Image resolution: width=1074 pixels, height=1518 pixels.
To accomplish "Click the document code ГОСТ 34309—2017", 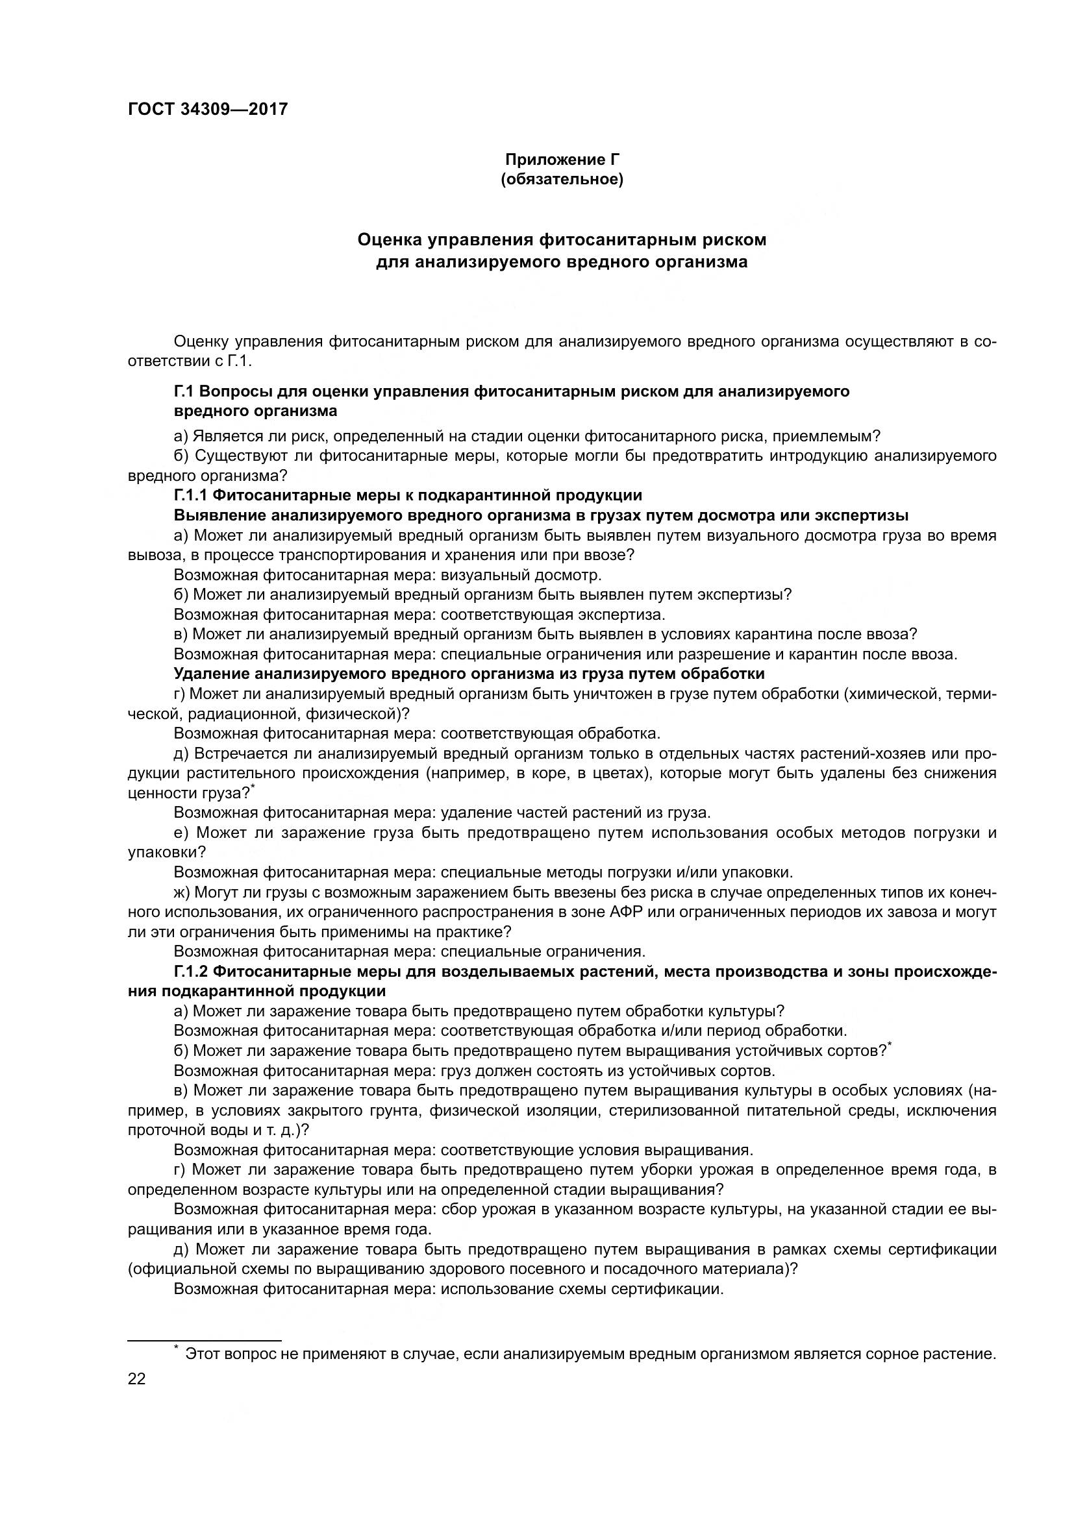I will tap(208, 109).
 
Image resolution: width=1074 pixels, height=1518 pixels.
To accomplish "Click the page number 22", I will tap(137, 1379).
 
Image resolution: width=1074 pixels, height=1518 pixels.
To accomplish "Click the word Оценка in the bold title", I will tap(390, 239).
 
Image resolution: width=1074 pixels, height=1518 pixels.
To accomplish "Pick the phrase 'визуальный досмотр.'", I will tap(521, 574).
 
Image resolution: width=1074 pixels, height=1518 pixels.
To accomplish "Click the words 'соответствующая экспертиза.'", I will tap(553, 614).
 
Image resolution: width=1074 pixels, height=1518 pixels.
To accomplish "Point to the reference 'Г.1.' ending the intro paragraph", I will tap(240, 361).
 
